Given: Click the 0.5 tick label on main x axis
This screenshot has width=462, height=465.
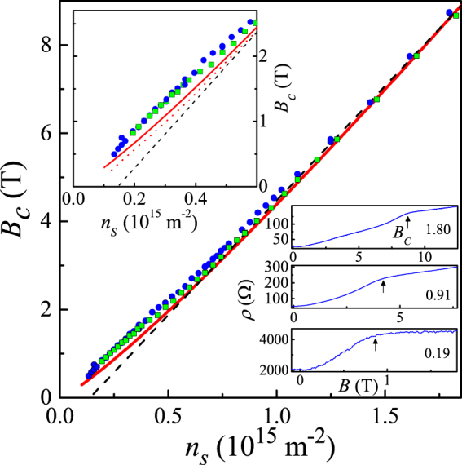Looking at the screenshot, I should pos(169,415).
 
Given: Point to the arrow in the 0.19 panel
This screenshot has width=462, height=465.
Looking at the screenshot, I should pos(375,345).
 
